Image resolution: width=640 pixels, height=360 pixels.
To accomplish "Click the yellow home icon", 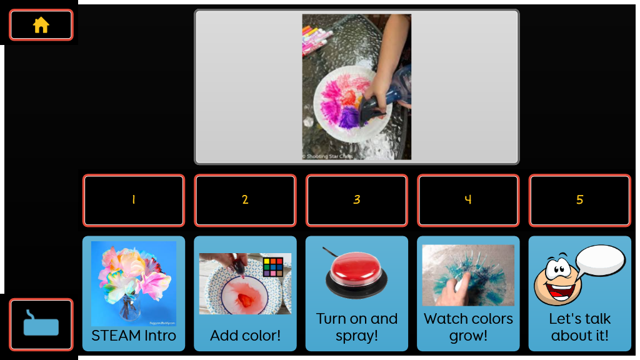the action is click(x=41, y=25).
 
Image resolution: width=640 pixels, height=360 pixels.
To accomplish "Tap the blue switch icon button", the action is click(x=41, y=324).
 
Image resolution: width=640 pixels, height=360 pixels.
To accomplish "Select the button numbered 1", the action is click(x=134, y=201).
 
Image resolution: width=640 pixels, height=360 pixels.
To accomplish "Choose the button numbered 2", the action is click(x=245, y=201).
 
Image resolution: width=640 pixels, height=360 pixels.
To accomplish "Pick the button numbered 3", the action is click(x=357, y=201).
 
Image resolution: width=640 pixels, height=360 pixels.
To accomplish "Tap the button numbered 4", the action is click(x=468, y=201).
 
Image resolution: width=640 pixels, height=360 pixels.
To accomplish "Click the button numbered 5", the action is click(x=579, y=201).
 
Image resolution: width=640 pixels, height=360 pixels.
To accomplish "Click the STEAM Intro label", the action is click(x=134, y=336).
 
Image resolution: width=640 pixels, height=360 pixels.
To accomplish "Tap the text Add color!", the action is click(x=245, y=336).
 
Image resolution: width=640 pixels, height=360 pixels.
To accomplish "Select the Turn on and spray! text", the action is click(x=357, y=327).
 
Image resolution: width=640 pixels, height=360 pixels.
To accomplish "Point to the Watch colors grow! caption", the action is click(x=468, y=327).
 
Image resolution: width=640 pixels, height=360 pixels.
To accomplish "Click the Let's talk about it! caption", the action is click(x=579, y=327).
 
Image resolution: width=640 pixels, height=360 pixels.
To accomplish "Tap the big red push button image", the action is click(x=356, y=274).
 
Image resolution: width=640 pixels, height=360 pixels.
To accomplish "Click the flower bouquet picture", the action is click(x=134, y=283).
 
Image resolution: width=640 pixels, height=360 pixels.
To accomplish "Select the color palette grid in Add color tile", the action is click(x=273, y=267).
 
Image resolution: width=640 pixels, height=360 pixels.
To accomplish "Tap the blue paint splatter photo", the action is click(x=468, y=276).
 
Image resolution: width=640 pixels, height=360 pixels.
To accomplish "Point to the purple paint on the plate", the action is click(x=349, y=119).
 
